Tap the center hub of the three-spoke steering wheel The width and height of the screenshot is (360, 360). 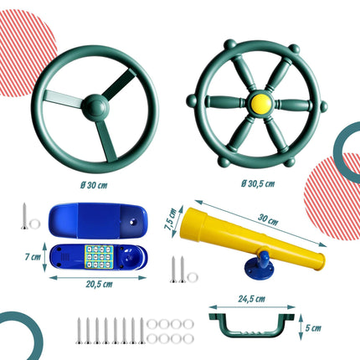click(95, 107)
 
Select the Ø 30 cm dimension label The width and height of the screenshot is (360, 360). click(94, 185)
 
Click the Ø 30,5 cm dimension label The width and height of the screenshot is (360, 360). click(258, 183)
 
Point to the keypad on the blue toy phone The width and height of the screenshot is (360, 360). click(100, 257)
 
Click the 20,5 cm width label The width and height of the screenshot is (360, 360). click(99, 285)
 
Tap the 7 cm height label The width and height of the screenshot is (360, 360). click(33, 256)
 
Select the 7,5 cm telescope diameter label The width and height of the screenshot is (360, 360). click(171, 219)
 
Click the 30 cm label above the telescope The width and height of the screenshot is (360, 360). click(268, 219)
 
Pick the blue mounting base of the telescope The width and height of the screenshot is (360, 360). click(259, 267)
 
